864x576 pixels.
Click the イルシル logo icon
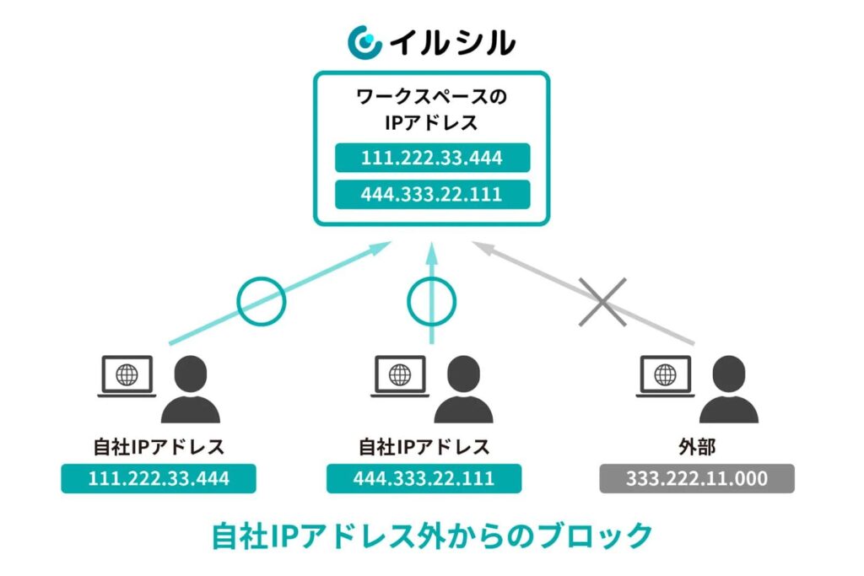coord(364,41)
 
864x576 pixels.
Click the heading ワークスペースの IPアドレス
coord(431,110)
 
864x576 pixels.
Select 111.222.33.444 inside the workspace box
coord(432,158)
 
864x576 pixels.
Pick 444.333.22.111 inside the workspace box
coord(432,194)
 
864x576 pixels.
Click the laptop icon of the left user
coord(127,376)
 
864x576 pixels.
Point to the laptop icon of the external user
coord(665,376)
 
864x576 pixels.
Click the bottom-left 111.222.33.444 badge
coord(159,479)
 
